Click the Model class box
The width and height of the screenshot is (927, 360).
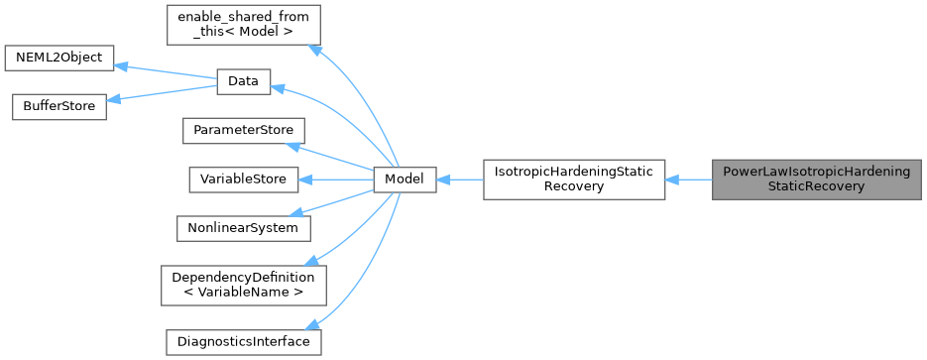point(405,180)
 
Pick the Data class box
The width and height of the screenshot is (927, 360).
point(243,82)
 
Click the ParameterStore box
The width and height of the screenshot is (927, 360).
point(244,131)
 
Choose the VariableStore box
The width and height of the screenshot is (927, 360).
point(244,180)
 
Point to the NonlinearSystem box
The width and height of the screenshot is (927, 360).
point(244,227)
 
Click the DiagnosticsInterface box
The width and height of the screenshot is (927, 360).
point(244,341)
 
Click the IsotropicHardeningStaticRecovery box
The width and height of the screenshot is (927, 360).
point(574,180)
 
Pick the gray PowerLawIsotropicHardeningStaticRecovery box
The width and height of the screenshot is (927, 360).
point(817,180)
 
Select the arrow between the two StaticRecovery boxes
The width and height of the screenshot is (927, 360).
point(689,180)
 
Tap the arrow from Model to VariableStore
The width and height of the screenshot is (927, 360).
point(336,180)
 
